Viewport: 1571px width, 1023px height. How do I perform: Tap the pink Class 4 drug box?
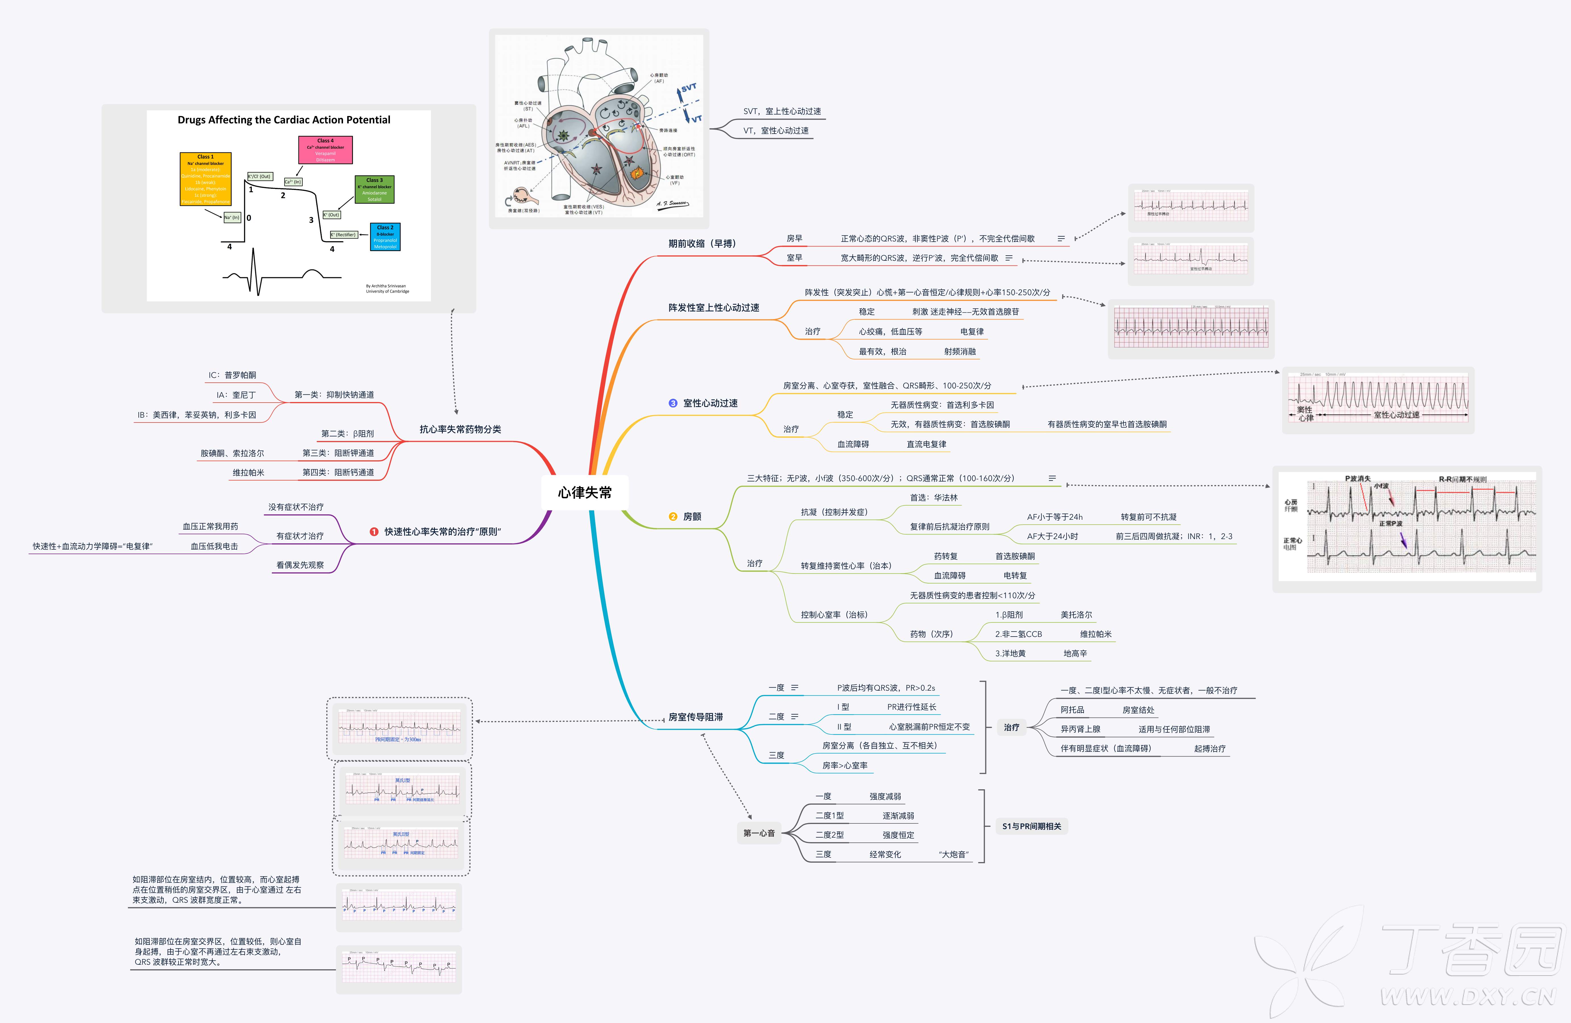tap(325, 150)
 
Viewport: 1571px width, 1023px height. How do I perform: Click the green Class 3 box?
tap(374, 190)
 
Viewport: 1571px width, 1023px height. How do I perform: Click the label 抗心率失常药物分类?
tap(460, 429)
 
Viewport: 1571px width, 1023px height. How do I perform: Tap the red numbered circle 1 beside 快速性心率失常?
tap(374, 532)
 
